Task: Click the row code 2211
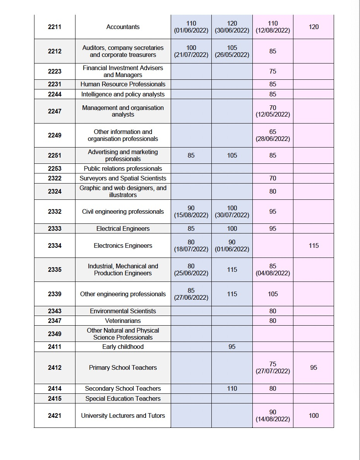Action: point(55,27)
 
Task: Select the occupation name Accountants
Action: point(123,27)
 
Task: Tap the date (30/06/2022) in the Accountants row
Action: point(232,31)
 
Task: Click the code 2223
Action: point(55,72)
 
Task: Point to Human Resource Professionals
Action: point(123,84)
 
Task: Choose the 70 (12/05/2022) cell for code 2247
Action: point(273,111)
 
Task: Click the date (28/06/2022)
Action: point(273,139)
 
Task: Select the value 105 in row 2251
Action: point(232,156)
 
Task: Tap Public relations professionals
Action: point(123,169)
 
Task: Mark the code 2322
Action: point(55,179)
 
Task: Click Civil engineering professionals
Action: point(123,212)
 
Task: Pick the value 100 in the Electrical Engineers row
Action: point(232,229)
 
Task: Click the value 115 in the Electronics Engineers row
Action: point(314,246)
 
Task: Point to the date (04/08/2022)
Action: point(273,273)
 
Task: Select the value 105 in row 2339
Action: point(273,294)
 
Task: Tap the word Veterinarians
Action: point(123,321)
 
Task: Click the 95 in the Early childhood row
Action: point(232,347)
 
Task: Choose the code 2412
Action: point(55,368)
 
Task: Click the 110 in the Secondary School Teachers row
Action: point(232,389)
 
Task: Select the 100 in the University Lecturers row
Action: point(314,416)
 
